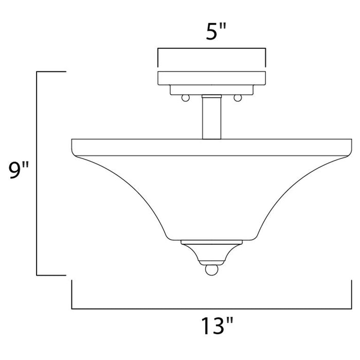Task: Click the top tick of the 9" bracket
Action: (x=51, y=73)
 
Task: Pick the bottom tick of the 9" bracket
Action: (x=51, y=275)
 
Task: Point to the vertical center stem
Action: (x=211, y=117)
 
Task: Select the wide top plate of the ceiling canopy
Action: (x=211, y=78)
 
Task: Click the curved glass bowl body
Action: (x=211, y=195)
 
